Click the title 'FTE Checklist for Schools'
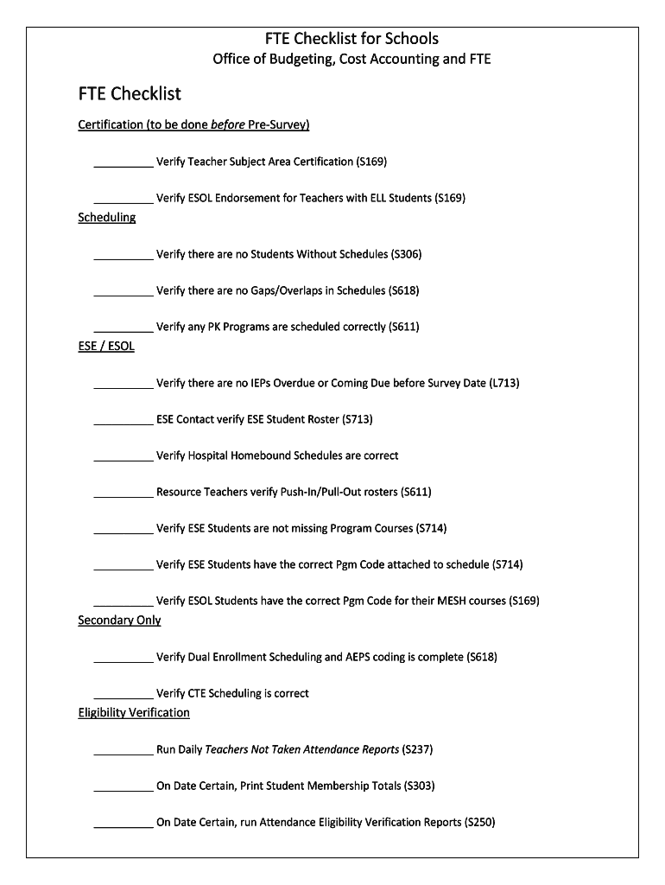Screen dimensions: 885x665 tap(351, 39)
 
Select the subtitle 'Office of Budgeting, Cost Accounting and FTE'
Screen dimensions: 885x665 tap(351, 60)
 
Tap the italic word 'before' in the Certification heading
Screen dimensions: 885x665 tap(228, 124)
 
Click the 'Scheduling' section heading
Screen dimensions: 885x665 tap(107, 217)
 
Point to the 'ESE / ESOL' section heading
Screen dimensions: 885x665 tap(106, 347)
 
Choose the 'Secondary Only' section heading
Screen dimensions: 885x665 tap(119, 621)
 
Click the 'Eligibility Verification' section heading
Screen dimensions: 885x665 tap(134, 713)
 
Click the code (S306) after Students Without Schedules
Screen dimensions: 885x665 tap(406, 254)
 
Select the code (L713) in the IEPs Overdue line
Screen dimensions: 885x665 tap(504, 383)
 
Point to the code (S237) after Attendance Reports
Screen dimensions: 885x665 tap(417, 749)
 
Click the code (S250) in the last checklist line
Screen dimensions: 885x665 tap(479, 823)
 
